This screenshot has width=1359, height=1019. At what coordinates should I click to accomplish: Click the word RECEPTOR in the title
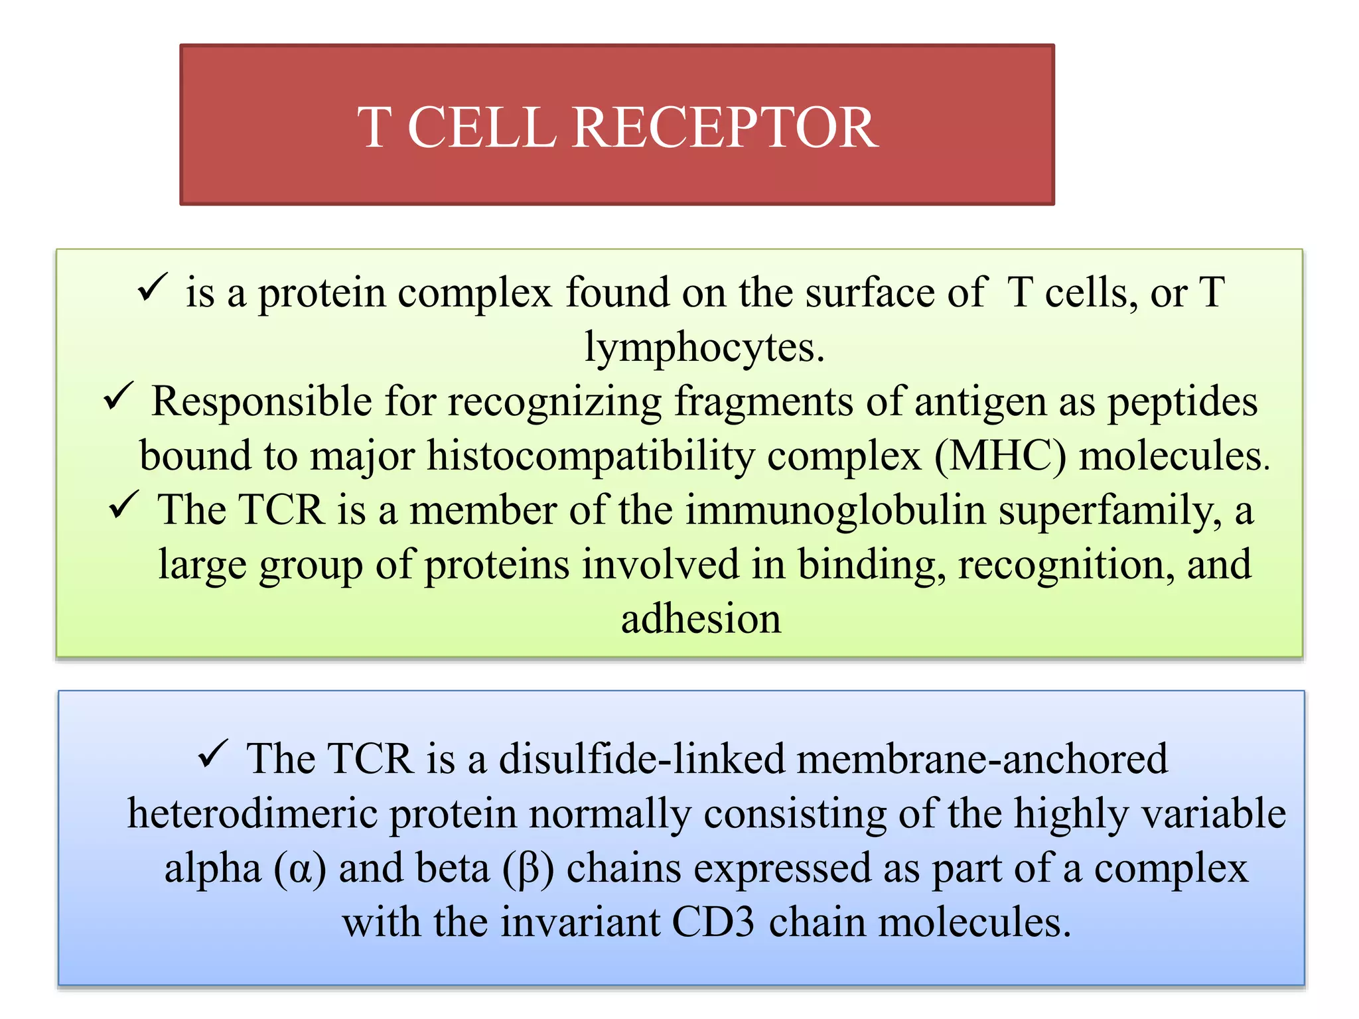pyautogui.click(x=725, y=127)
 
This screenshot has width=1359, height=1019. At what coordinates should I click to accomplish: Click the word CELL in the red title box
pyautogui.click(x=481, y=127)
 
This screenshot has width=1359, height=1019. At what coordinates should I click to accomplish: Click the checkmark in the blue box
pyautogui.click(x=213, y=754)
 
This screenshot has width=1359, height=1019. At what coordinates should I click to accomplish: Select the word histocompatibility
pyautogui.click(x=591, y=456)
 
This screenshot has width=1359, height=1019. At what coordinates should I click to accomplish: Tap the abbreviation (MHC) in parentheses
pyautogui.click(x=1000, y=456)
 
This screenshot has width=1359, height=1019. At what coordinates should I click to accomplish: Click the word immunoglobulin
pyautogui.click(x=835, y=511)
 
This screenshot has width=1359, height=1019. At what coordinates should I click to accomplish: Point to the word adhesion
pyautogui.click(x=701, y=619)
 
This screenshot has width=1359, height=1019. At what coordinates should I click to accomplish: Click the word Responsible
pyautogui.click(x=261, y=402)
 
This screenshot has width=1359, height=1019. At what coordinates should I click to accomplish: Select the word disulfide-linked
pyautogui.click(x=641, y=758)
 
